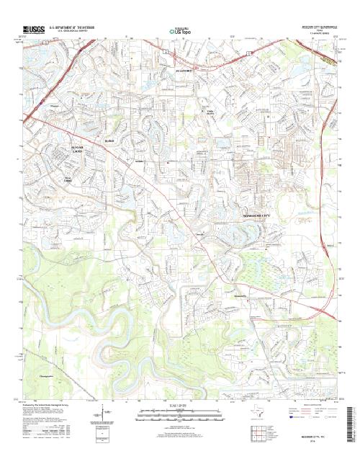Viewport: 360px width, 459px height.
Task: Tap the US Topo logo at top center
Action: (180, 31)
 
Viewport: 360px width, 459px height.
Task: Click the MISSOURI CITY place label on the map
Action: (251, 215)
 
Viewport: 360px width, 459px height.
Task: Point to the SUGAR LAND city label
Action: (78, 149)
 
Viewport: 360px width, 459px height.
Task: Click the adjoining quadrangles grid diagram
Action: (257, 435)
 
